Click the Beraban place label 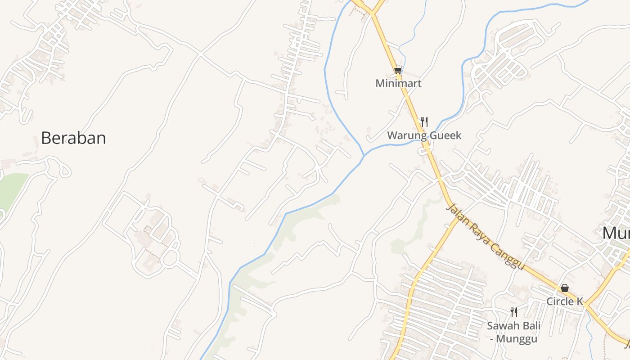[x=73, y=138]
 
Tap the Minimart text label [x=398, y=83]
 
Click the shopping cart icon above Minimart [x=397, y=70]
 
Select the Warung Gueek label [x=424, y=135]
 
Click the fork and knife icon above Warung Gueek [x=424, y=121]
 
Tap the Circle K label [x=565, y=301]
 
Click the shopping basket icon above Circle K [x=565, y=288]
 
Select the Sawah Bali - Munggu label [x=513, y=332]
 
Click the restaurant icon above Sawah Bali [x=513, y=312]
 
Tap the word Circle [x=559, y=301]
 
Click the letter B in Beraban [x=46, y=138]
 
